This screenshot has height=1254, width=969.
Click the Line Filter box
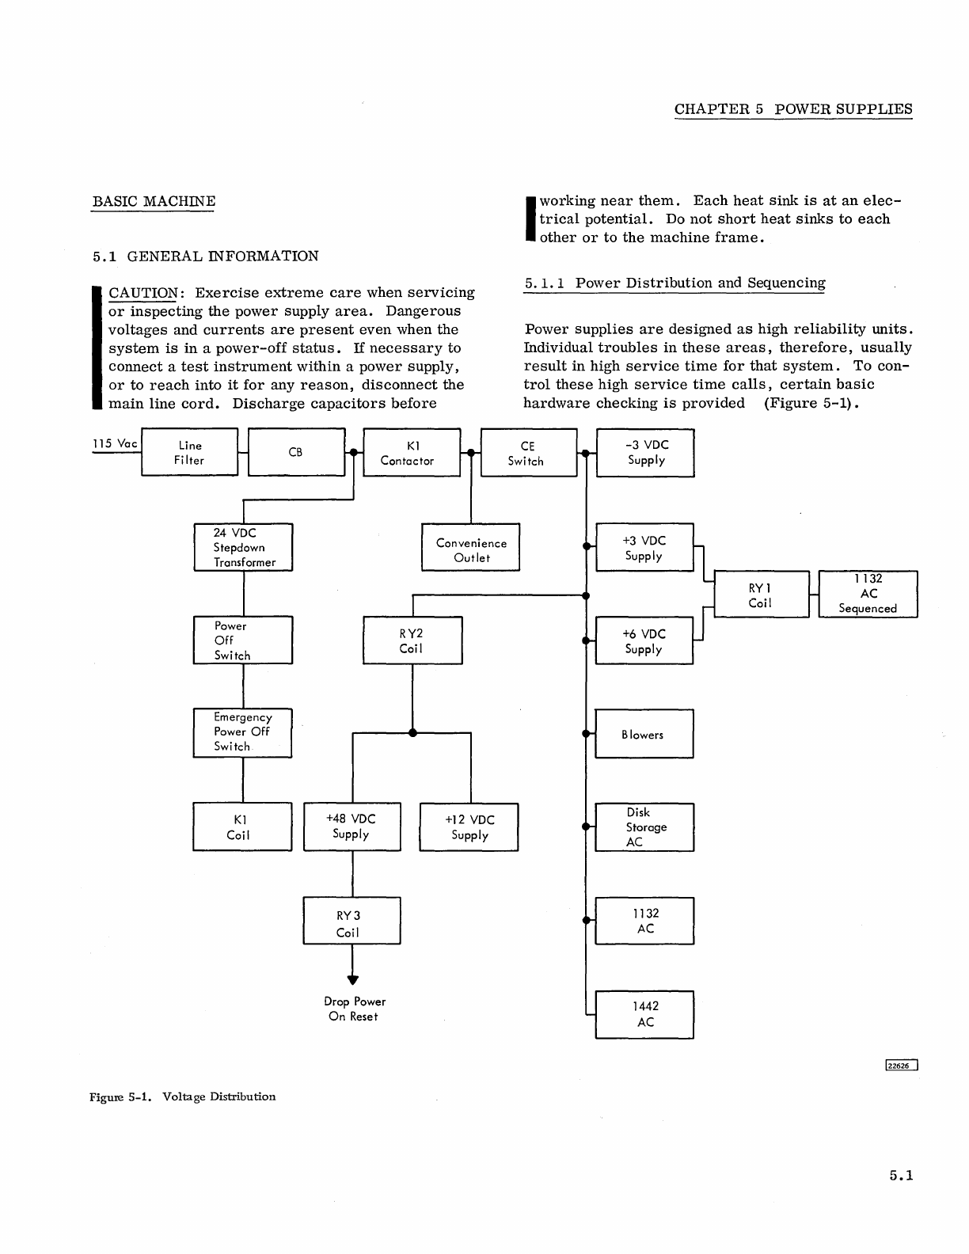coord(189,453)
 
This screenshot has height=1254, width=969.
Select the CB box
coord(296,453)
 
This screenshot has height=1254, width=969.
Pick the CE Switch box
coord(528,453)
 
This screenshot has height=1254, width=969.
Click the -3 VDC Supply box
coord(644,453)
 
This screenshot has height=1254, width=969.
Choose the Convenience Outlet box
coord(470,547)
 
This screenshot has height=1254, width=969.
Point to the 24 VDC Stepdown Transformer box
coord(243,547)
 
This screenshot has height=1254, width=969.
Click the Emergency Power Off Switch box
coord(242,732)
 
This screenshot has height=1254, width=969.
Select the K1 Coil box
coord(242,827)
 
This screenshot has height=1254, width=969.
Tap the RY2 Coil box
coord(412,640)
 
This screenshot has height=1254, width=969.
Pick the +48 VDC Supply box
coord(352,827)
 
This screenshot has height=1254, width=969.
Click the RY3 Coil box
coord(351,921)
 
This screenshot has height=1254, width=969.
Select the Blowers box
coord(644,734)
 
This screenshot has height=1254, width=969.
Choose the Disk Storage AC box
coord(644,827)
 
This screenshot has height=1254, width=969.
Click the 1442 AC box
coord(644,1014)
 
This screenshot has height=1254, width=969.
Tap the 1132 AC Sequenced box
coord(868,594)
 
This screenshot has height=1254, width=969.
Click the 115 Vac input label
coord(116,443)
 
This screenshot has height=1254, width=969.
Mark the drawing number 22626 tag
coord(901,1065)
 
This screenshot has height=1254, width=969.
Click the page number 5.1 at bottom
coord(901,1176)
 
